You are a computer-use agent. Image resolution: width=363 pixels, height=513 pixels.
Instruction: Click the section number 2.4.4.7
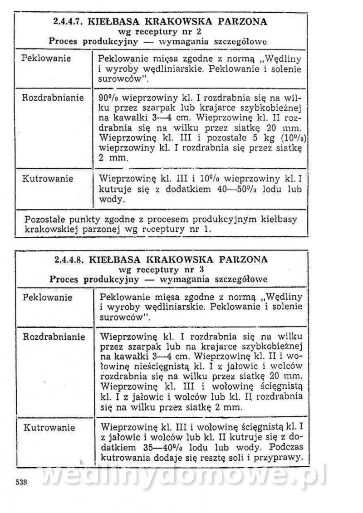pyautogui.click(x=68, y=21)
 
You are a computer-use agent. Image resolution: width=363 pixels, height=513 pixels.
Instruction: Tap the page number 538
pyautogui.click(x=21, y=483)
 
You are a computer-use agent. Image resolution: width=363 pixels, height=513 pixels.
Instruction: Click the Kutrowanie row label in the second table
pyautogui.click(x=49, y=428)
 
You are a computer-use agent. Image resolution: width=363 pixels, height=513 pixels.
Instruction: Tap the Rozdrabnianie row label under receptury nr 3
pyautogui.click(x=54, y=337)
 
